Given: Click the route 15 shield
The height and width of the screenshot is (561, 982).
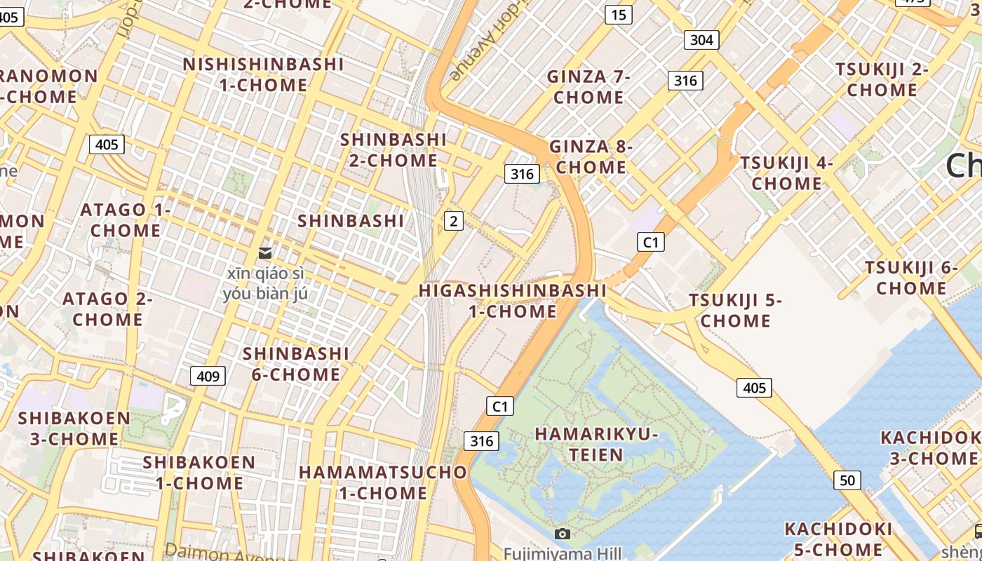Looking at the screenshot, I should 618,15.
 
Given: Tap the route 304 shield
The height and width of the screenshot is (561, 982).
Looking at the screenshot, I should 701,40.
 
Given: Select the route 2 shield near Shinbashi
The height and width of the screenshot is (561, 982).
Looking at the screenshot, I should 454,222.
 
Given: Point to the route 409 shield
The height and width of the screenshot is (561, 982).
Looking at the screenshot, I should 208,376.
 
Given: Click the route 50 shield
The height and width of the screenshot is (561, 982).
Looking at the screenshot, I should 847,480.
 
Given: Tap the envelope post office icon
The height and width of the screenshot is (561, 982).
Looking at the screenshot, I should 265,252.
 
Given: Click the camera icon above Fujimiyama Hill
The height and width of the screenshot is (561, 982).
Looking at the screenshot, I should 562,534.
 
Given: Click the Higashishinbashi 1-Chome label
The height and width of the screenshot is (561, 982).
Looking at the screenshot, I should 512,301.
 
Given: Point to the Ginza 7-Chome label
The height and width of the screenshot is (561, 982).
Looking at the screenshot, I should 588,87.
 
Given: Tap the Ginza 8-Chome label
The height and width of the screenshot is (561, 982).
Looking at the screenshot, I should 591,157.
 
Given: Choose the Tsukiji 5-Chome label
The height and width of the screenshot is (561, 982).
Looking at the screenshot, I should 735,311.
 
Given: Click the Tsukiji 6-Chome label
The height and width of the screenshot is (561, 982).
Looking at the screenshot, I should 911,278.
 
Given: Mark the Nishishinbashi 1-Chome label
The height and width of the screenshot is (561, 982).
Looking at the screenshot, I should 263,75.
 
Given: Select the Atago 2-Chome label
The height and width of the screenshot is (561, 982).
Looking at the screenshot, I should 107,309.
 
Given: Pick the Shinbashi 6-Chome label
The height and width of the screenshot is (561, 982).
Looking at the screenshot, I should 296,363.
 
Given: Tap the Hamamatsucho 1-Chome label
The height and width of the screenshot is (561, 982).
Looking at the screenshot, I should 383,482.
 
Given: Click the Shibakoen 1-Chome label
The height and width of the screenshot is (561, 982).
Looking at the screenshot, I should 199,473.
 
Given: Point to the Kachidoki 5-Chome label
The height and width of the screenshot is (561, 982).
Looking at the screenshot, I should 838,539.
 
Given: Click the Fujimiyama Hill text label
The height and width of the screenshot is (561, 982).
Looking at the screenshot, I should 562,554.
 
